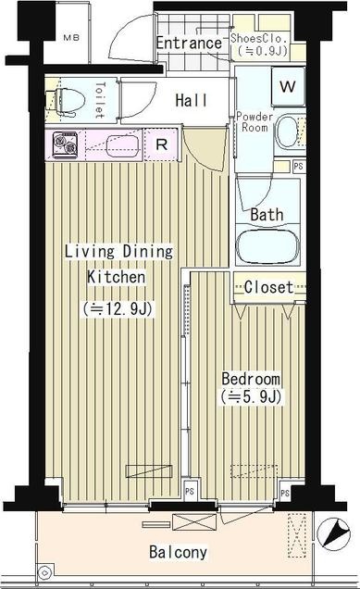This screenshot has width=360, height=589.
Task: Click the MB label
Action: point(71,38)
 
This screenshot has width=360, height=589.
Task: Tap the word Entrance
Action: point(189,43)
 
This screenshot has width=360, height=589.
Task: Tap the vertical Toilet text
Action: point(100,101)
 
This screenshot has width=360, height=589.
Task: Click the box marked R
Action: point(161,144)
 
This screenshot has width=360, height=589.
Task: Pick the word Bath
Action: point(267,215)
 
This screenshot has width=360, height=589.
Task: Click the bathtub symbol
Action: point(268,246)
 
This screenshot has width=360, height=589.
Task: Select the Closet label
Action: point(268,287)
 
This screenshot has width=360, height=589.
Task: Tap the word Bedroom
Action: point(250,380)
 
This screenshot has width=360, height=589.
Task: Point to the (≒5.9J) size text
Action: point(250,397)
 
